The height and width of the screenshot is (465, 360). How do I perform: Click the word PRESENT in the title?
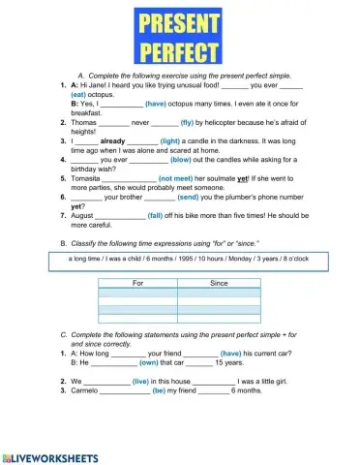179,22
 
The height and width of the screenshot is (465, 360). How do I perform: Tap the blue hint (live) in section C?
142,382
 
